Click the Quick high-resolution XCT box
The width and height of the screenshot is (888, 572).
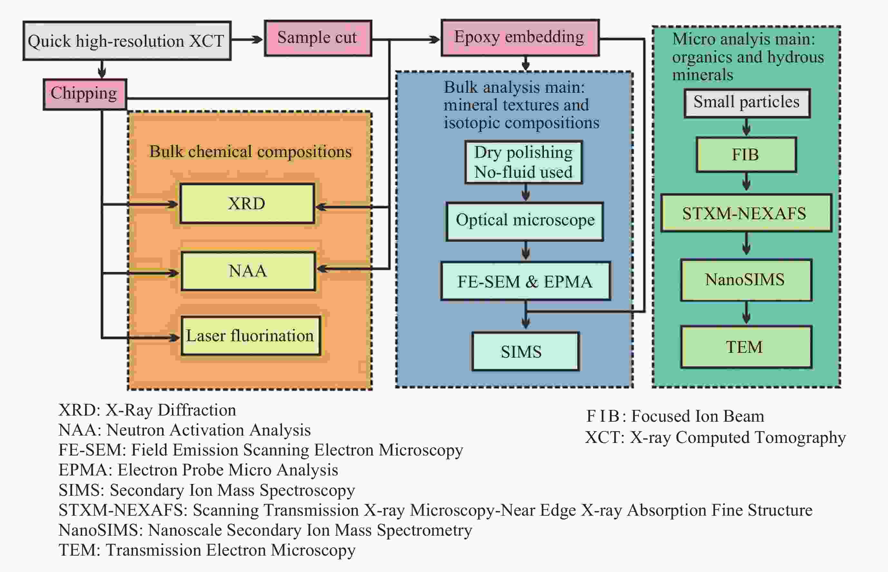pyautogui.click(x=127, y=41)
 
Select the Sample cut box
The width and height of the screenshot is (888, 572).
pyautogui.click(x=318, y=38)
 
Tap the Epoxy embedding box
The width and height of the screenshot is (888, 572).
pyautogui.click(x=520, y=38)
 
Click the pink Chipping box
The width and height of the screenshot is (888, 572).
pyautogui.click(x=85, y=94)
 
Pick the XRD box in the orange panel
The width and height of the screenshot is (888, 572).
pyautogui.click(x=247, y=203)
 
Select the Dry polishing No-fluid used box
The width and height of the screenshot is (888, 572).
pyautogui.click(x=523, y=162)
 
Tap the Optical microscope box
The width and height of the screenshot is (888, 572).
pyautogui.click(x=525, y=221)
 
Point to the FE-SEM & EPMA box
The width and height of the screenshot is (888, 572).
pyautogui.click(x=525, y=281)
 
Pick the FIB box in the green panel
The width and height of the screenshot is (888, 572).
pyautogui.click(x=746, y=155)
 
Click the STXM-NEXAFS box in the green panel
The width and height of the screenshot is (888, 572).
pyautogui.click(x=746, y=213)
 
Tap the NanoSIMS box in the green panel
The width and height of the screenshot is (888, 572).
pyautogui.click(x=746, y=280)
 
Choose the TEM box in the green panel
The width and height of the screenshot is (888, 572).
pyautogui.click(x=746, y=347)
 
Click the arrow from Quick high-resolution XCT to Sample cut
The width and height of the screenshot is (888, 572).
pyautogui.click(x=247, y=39)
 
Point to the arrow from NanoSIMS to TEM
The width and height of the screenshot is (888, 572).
pyautogui.click(x=746, y=313)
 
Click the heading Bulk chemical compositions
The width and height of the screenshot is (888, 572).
pyautogui.click(x=251, y=152)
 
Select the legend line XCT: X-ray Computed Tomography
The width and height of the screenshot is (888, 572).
pyautogui.click(x=716, y=437)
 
